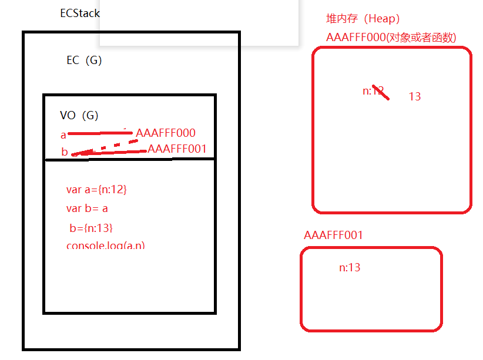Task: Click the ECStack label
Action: pyautogui.click(x=80, y=13)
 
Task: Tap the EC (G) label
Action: pyautogui.click(x=84, y=60)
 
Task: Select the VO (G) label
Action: pyautogui.click(x=79, y=116)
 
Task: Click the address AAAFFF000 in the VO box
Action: pyautogui.click(x=165, y=133)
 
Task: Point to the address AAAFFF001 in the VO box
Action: pyautogui.click(x=177, y=149)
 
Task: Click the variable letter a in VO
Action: pyautogui.click(x=63, y=135)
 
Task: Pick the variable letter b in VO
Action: pyautogui.click(x=65, y=152)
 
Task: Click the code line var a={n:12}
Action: pyautogui.click(x=96, y=190)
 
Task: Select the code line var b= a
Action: pyautogui.click(x=87, y=208)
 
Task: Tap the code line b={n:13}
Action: pyautogui.click(x=90, y=228)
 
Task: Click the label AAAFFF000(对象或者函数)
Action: pyautogui.click(x=391, y=37)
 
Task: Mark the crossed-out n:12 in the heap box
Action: pyautogui.click(x=374, y=91)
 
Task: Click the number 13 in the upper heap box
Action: pyautogui.click(x=415, y=96)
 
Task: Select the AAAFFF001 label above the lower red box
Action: pyautogui.click(x=334, y=235)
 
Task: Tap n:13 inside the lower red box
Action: pyautogui.click(x=350, y=268)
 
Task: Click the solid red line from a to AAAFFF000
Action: pyautogui.click(x=100, y=134)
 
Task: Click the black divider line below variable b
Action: pyautogui.click(x=129, y=159)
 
